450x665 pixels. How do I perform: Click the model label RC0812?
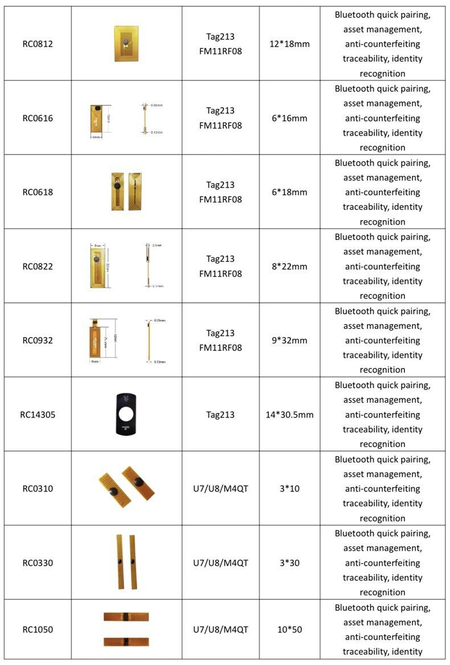click(38, 44)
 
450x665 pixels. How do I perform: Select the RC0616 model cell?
click(38, 118)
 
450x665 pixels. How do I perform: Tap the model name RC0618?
click(38, 192)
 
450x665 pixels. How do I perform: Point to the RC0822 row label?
click(38, 266)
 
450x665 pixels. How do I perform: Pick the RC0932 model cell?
click(38, 340)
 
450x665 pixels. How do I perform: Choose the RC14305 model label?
click(38, 415)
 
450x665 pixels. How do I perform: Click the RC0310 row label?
click(38, 489)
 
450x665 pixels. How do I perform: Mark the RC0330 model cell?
click(38, 563)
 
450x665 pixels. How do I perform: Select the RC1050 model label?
click(38, 630)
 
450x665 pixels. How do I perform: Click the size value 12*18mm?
click(289, 44)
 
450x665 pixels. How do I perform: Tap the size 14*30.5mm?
click(289, 415)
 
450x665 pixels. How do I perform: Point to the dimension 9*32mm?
click(289, 340)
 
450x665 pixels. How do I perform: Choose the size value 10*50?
click(289, 630)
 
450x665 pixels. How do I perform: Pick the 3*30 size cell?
click(289, 563)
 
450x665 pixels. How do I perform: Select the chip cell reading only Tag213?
click(220, 415)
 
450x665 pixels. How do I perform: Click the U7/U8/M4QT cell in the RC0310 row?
click(220, 489)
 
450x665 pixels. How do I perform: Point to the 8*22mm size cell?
click(289, 266)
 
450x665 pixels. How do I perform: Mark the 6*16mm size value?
click(289, 118)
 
